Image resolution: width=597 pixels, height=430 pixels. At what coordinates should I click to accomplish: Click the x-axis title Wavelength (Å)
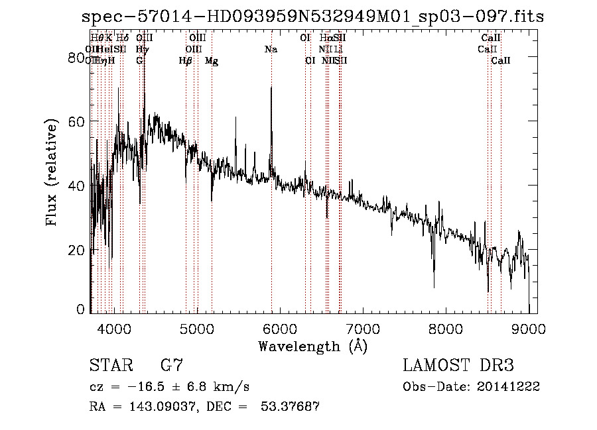[x=312, y=346]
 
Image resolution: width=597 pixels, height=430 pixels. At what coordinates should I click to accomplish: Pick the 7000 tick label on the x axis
[x=363, y=328]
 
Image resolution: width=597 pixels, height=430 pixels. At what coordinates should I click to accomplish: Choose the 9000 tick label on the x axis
[x=529, y=328]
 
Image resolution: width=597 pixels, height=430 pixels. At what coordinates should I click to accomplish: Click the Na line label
[x=271, y=50]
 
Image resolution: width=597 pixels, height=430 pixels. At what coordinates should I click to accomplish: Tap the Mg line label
[x=212, y=61]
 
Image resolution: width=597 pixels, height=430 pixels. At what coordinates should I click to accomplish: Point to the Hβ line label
[x=185, y=61]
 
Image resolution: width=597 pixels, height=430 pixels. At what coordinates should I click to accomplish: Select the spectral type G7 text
[x=172, y=365]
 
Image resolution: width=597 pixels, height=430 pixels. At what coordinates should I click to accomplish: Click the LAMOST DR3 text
[x=458, y=365]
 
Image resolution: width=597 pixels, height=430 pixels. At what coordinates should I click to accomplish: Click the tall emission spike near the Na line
[x=271, y=89]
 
